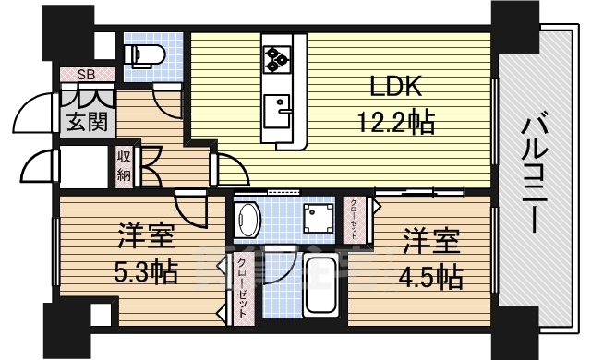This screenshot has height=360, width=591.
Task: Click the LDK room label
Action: click(396, 89)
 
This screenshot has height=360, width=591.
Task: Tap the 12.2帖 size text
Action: click(397, 121)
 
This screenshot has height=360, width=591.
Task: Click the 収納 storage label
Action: click(124, 166)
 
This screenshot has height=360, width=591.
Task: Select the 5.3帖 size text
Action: click(147, 274)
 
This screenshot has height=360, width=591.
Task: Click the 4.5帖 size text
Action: click(431, 275)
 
